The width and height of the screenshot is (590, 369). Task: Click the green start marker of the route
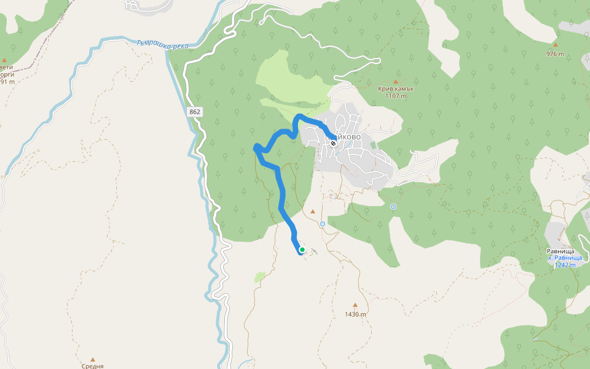click(x=302, y=250)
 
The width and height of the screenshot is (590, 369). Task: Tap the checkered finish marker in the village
click(x=333, y=143)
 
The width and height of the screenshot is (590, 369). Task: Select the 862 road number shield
click(x=195, y=112)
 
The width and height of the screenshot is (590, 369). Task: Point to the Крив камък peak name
click(x=396, y=88)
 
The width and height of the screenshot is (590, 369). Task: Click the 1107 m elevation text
click(x=396, y=95)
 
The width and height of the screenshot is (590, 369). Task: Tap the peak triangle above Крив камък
click(x=396, y=81)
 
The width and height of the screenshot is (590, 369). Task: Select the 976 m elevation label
click(x=555, y=54)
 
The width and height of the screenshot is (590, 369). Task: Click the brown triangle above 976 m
click(x=555, y=45)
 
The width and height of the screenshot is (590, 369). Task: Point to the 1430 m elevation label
click(x=355, y=314)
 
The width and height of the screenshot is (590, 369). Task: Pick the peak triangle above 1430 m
click(x=355, y=305)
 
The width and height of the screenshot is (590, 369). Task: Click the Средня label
click(x=93, y=365)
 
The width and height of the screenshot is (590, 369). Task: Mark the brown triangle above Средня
click(x=93, y=359)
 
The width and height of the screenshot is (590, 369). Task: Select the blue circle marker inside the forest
click(x=393, y=207)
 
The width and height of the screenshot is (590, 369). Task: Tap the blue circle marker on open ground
click(x=322, y=224)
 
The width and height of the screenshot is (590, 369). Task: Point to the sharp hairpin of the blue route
click(x=256, y=147)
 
